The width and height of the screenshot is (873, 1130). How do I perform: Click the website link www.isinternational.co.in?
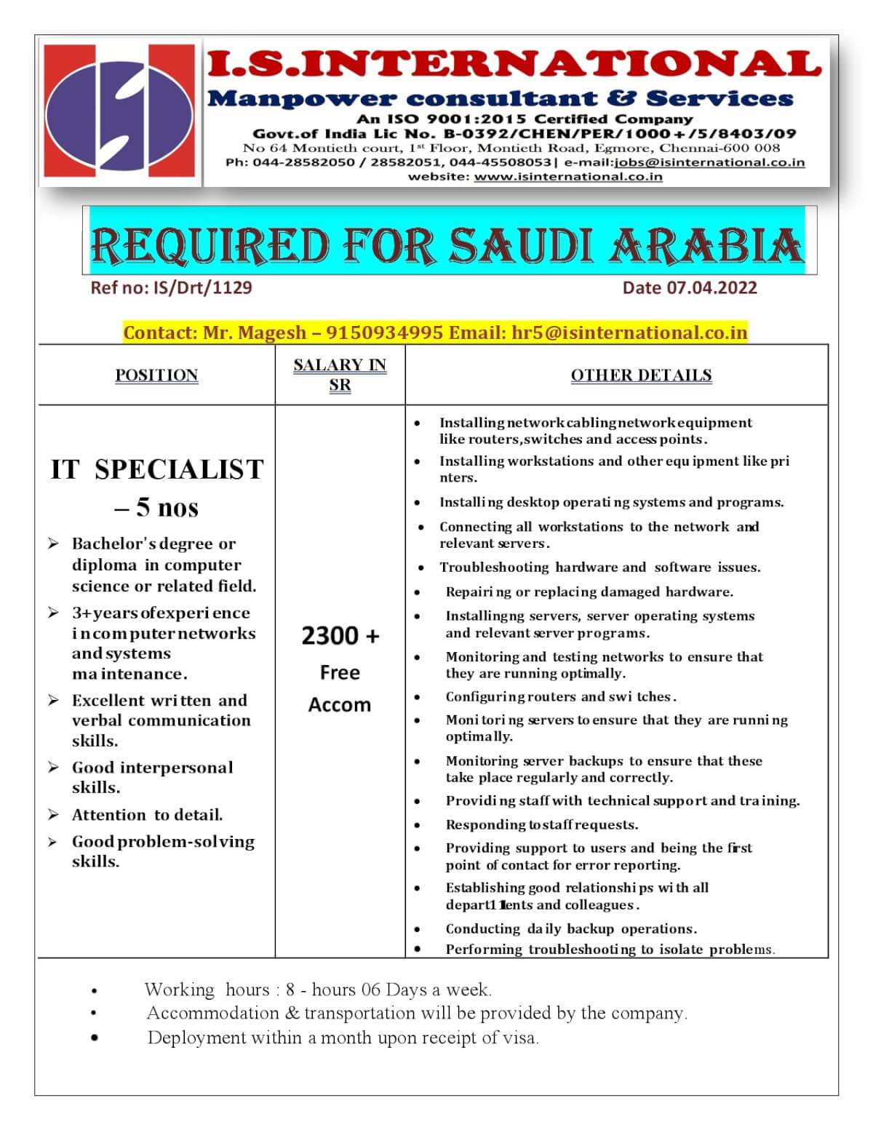pos(568,176)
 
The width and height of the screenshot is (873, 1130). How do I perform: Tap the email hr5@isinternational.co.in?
pos(629,333)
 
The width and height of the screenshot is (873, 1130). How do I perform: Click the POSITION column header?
pos(156,375)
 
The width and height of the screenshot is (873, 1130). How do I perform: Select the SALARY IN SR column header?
pos(340,374)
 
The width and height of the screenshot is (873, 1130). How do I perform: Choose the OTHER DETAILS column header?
pos(641,375)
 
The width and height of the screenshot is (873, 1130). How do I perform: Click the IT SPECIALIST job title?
pos(157,469)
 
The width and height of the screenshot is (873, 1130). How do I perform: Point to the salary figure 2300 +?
pos(340,636)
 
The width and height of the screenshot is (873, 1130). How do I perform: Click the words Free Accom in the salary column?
pos(340,688)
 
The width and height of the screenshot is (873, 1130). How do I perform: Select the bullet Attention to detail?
pos(147,815)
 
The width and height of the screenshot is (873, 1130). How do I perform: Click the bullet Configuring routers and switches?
pos(561,696)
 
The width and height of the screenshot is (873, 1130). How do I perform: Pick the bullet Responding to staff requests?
pos(542,824)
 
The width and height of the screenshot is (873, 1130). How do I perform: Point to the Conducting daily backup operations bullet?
pos(571,928)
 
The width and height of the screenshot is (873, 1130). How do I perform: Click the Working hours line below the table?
pos(318,990)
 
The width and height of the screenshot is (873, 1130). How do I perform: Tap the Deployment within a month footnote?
pos(343,1038)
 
